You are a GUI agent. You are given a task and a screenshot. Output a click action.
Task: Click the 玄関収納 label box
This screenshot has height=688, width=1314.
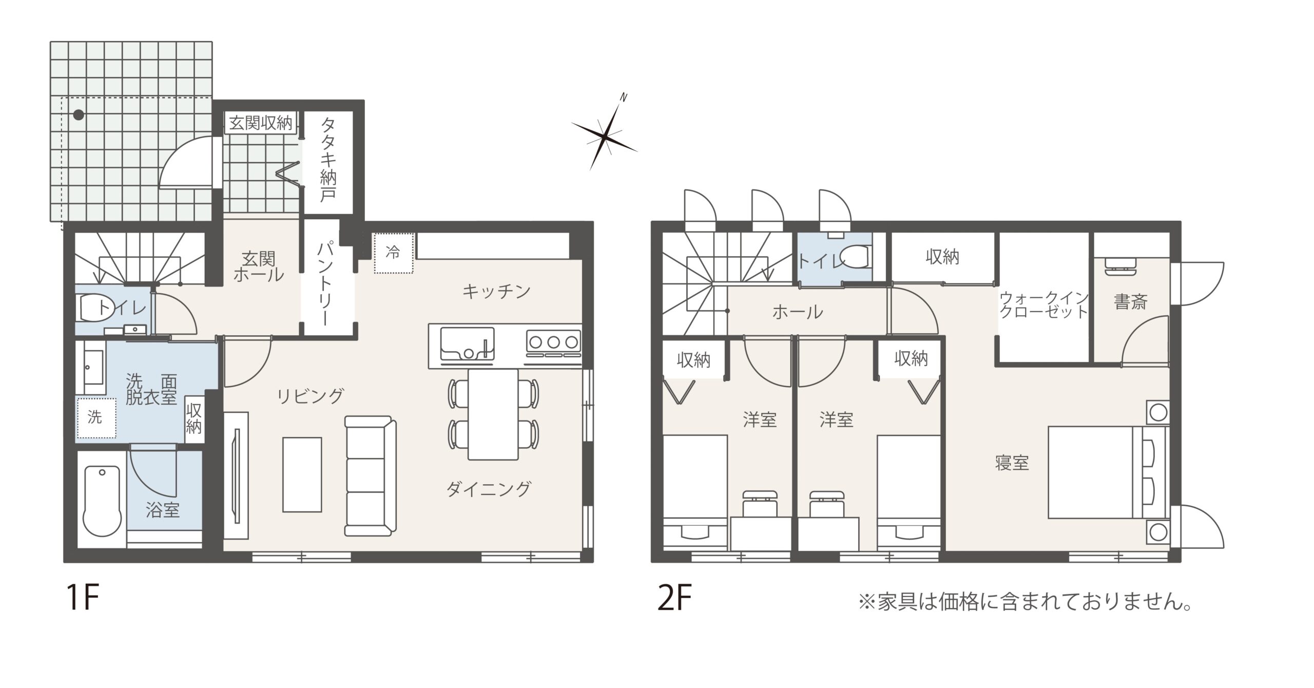(x=260, y=123)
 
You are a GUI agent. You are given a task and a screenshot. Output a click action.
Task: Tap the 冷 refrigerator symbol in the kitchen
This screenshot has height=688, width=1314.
(x=393, y=253)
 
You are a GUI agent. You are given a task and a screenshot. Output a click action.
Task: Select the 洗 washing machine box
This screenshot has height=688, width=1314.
(x=95, y=417)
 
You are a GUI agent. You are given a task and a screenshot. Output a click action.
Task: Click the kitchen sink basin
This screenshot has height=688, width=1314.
(x=467, y=343)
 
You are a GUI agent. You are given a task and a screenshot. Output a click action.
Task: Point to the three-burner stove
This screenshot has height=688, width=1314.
(x=553, y=342)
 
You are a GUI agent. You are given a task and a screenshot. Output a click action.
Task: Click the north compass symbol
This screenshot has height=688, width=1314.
(x=606, y=135)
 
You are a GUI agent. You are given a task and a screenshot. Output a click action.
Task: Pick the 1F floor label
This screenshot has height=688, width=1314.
(x=82, y=599)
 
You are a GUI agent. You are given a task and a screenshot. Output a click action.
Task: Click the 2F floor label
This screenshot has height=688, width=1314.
(x=674, y=599)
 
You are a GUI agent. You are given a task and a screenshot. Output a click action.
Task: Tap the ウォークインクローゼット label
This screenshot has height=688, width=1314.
(x=1044, y=304)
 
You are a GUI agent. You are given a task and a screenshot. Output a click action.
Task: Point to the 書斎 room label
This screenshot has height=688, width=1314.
(x=1130, y=301)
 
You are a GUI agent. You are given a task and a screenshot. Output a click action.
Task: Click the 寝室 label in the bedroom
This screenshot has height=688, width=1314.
(x=1012, y=463)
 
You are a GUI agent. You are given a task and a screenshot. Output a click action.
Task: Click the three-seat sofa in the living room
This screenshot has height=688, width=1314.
(x=371, y=476)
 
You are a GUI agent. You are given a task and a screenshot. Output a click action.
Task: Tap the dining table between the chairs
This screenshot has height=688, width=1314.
(x=493, y=414)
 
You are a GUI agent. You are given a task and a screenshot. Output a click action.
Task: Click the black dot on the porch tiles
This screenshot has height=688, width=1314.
(x=79, y=114)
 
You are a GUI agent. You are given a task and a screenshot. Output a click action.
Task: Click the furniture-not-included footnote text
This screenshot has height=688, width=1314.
(x=1025, y=602)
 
